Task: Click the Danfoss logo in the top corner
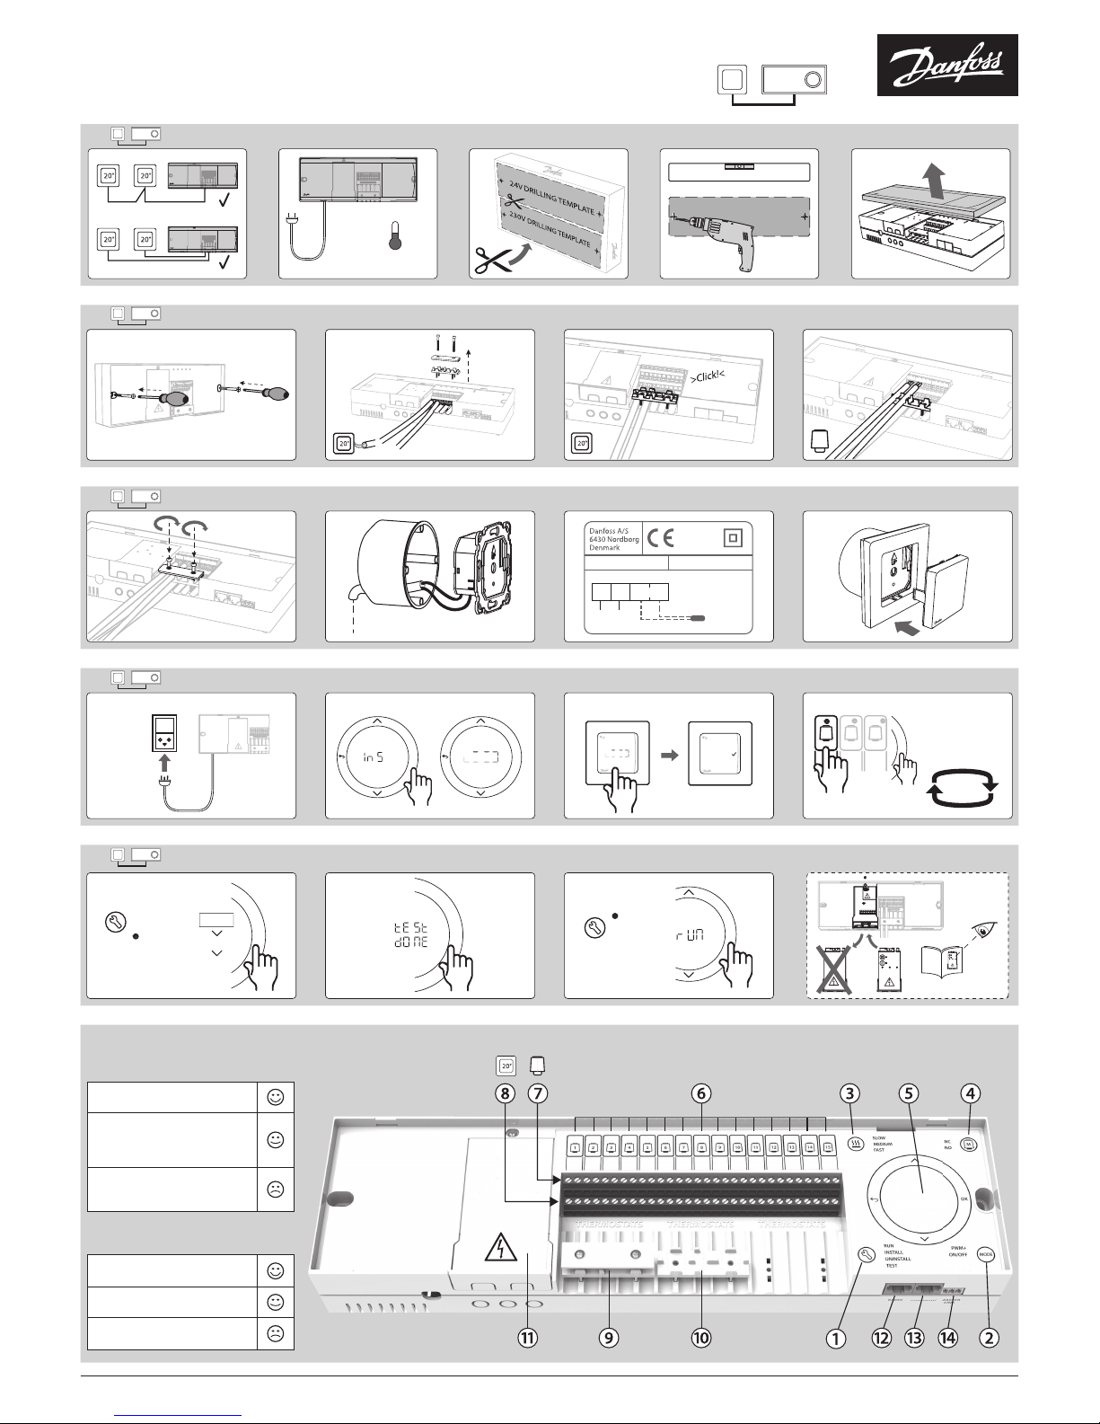pyautogui.click(x=947, y=65)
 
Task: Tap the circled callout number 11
pyautogui.click(x=527, y=1337)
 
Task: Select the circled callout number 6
pyautogui.click(x=701, y=1093)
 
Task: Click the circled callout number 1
pyautogui.click(x=836, y=1337)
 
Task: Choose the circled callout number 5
pyautogui.click(x=909, y=1093)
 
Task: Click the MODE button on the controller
pyautogui.click(x=986, y=1254)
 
